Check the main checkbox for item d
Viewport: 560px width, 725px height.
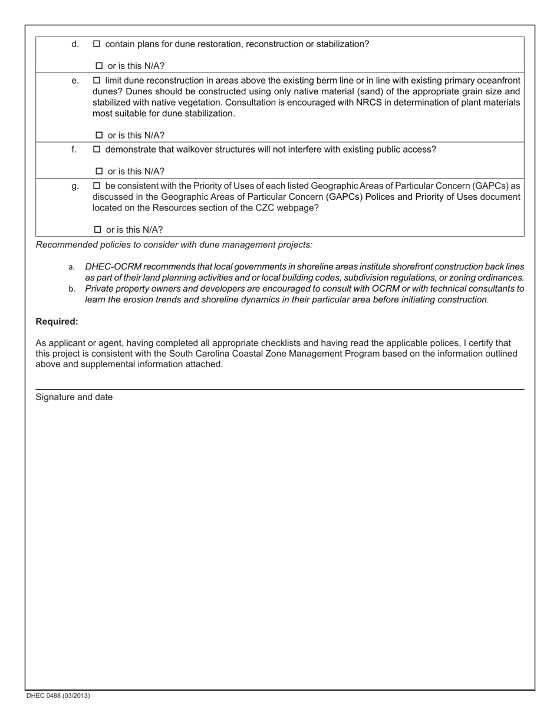(x=97, y=44)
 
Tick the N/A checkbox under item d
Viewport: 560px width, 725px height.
(x=99, y=66)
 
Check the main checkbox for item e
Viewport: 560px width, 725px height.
(x=97, y=80)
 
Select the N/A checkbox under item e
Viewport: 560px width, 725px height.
(x=99, y=136)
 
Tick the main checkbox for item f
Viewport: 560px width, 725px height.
(x=97, y=150)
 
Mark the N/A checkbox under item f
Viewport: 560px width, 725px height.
(x=99, y=172)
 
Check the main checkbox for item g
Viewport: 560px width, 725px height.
(x=97, y=186)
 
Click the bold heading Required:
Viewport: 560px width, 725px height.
(x=57, y=322)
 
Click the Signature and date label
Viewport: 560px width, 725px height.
(x=74, y=397)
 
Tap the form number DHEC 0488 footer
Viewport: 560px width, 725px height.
(x=58, y=696)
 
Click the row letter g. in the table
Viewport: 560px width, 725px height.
(x=75, y=186)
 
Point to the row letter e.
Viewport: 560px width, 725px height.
(x=75, y=80)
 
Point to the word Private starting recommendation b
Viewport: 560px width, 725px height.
(x=100, y=289)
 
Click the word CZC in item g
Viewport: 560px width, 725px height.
(x=266, y=208)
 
